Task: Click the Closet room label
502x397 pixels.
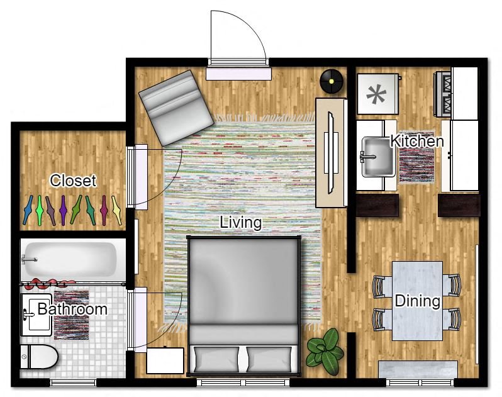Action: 73,181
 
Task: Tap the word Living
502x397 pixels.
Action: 240,223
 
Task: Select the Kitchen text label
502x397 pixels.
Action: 417,141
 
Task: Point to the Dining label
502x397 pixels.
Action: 417,301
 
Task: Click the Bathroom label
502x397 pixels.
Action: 72,310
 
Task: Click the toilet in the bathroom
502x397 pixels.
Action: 39,358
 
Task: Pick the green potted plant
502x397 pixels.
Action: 325,351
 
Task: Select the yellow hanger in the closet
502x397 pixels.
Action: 116,210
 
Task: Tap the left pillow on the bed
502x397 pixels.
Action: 215,359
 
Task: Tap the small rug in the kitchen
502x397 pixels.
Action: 415,165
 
